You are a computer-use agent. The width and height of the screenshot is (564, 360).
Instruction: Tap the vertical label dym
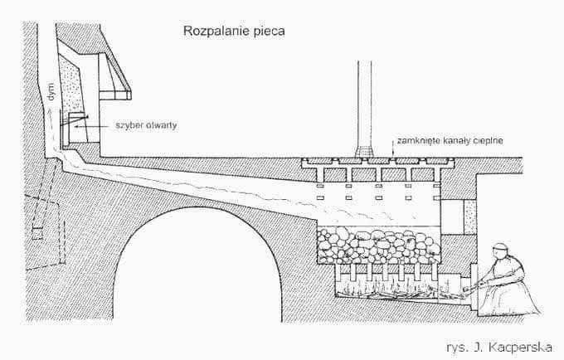coord(52,92)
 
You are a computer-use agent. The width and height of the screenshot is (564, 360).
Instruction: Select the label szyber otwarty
coord(146,125)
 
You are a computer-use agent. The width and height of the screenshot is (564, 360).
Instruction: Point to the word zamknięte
coord(414,141)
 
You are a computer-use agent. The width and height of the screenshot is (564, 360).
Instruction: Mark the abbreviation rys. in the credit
coord(459,348)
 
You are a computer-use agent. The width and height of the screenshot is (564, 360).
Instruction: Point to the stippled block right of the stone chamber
coord(470,217)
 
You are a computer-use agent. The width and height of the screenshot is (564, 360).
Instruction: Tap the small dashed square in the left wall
coord(38,233)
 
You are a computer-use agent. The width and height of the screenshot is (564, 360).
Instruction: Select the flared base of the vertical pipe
coord(365,152)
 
